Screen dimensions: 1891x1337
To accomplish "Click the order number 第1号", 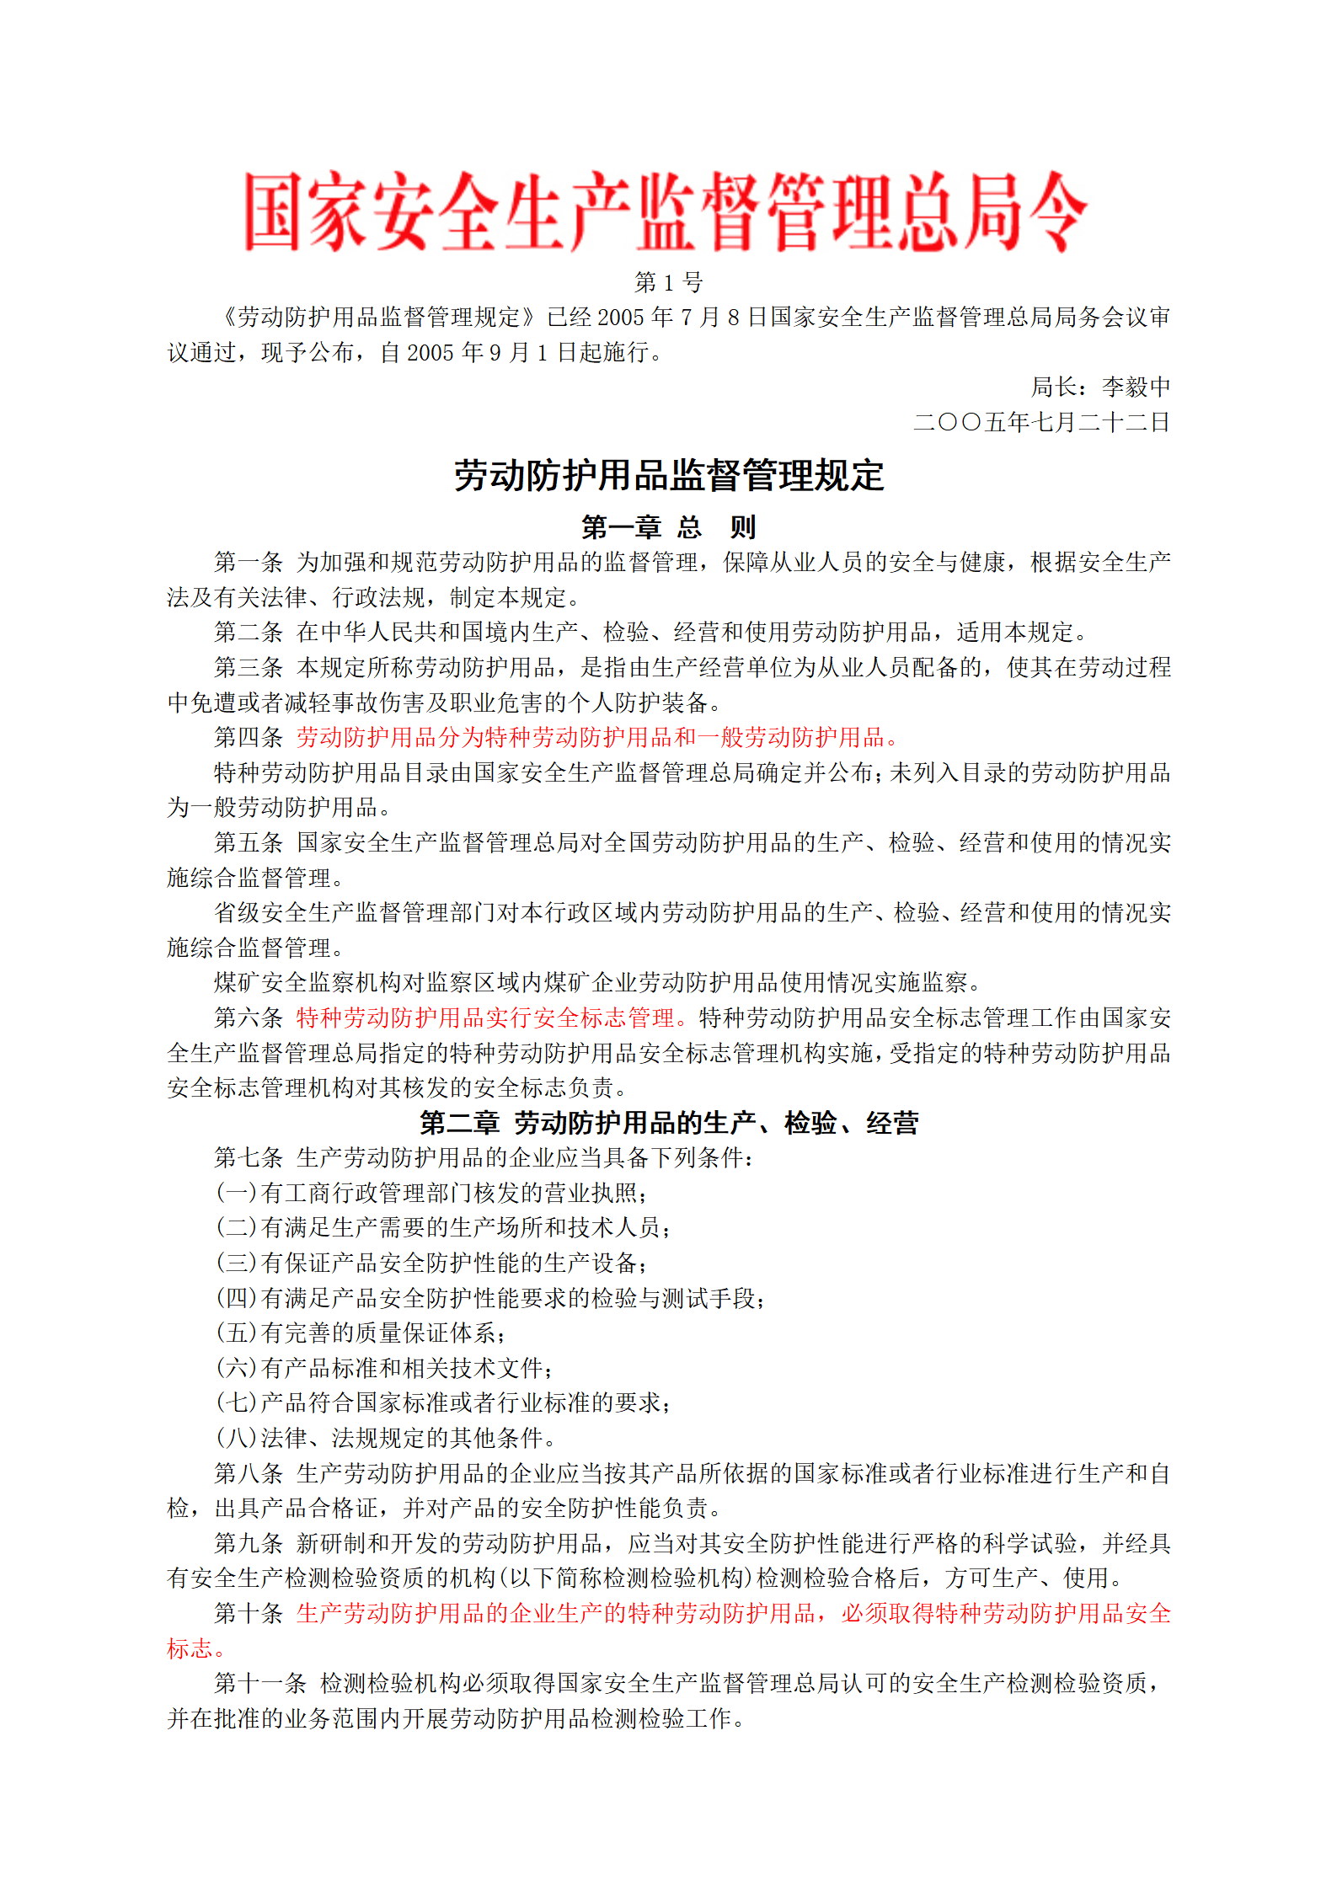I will click(668, 282).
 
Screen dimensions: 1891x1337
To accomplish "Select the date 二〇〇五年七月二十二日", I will click(1041, 422).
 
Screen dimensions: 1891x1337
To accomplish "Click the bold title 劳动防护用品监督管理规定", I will click(669, 476).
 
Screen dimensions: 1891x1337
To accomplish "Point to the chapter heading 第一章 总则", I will click(669, 527).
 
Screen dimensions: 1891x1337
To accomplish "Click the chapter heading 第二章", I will click(459, 1123).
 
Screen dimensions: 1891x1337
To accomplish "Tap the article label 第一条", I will click(248, 562).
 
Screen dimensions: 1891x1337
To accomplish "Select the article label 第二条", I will click(248, 632).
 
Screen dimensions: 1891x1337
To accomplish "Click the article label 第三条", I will click(248, 667).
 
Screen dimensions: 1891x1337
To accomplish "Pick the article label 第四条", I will click(248, 737).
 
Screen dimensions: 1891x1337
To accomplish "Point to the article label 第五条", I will click(248, 842).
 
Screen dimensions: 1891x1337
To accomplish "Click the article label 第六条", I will click(248, 1018).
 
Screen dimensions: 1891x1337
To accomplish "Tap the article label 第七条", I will click(248, 1157).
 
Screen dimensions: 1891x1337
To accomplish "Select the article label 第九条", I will click(248, 1543).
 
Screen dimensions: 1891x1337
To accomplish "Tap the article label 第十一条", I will click(259, 1683).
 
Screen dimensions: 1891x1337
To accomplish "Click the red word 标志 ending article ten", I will click(190, 1648).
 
